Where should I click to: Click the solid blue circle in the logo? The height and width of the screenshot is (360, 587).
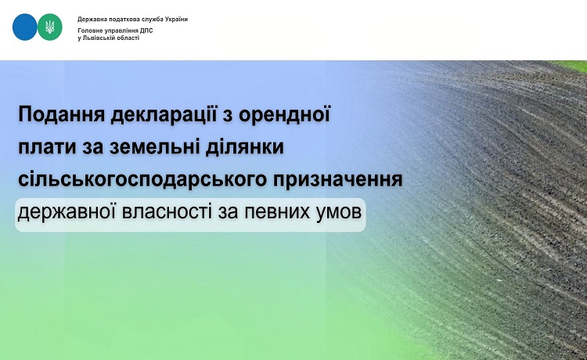click(25, 27)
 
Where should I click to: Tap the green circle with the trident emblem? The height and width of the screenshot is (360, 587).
click(50, 27)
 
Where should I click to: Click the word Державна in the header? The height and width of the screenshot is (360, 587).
click(89, 20)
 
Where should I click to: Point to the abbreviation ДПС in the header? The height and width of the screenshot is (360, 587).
click(147, 31)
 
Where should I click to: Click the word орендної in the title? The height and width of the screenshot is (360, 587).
click(285, 114)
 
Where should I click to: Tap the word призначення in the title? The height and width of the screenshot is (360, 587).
click(337, 180)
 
